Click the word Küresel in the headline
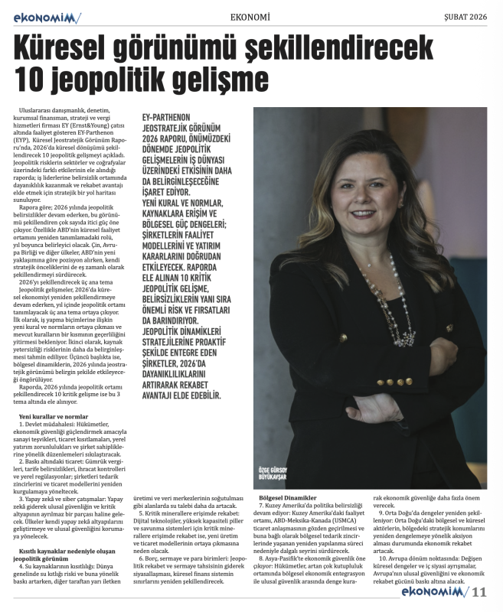tap(73, 50)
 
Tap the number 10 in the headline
tap(32, 79)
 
